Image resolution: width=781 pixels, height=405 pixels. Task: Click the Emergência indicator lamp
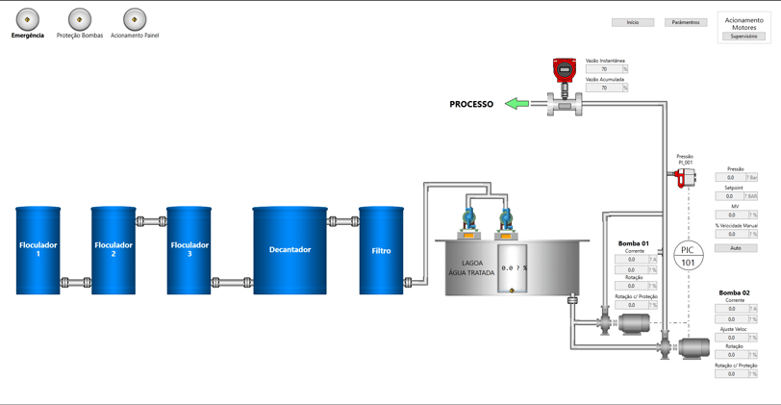[28, 19]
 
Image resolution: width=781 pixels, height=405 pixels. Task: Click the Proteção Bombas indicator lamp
[80, 19]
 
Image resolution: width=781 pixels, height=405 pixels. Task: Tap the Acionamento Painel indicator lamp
[135, 19]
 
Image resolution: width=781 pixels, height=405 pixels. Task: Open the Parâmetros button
[686, 22]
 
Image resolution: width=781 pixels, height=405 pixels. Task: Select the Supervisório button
[744, 37]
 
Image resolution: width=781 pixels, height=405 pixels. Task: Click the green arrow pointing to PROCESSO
[517, 104]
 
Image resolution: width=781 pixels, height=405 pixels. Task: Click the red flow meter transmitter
[565, 70]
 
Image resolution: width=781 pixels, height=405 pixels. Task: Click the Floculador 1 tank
[38, 250]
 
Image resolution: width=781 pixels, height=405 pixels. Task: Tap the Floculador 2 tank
[113, 250]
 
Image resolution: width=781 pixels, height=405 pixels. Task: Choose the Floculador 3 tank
[189, 250]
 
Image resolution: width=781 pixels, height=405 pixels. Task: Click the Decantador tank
[290, 250]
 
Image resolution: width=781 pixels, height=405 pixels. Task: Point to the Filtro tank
[382, 250]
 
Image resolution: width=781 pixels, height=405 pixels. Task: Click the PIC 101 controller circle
[688, 256]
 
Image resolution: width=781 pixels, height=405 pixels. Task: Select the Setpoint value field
[730, 196]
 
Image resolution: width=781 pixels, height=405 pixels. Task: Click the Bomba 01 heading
[634, 243]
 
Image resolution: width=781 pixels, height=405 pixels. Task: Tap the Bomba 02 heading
[735, 292]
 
